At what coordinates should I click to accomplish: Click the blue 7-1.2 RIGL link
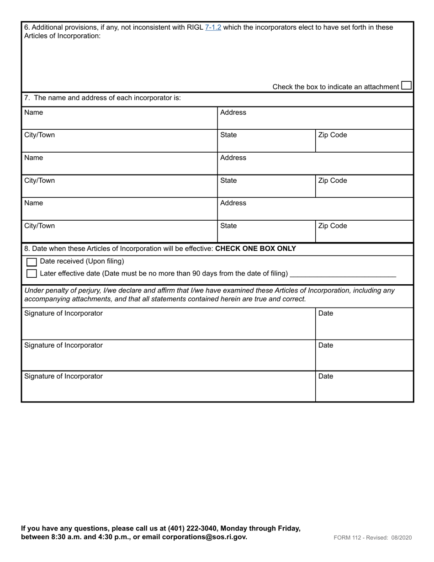[x=213, y=27]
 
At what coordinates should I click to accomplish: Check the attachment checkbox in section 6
[x=406, y=86]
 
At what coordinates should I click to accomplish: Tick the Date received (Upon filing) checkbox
[x=32, y=262]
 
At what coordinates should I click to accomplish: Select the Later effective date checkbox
[x=32, y=274]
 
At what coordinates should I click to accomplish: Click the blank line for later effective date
[x=343, y=274]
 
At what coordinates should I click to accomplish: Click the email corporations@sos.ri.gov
[x=204, y=537]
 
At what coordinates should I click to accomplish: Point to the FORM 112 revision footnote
[x=372, y=538]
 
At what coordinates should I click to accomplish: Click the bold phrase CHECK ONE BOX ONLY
[x=255, y=249]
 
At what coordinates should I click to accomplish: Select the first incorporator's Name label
[x=33, y=112]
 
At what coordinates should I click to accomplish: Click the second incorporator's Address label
[x=233, y=158]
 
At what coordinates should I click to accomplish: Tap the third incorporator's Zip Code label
[x=333, y=226]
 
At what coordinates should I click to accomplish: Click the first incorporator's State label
[x=228, y=135]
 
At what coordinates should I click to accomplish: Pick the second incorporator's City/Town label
[x=39, y=180]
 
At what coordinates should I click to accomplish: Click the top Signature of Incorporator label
[x=64, y=313]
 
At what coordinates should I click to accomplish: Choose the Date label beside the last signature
[x=326, y=376]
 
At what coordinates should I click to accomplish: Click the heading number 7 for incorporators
[x=26, y=98]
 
